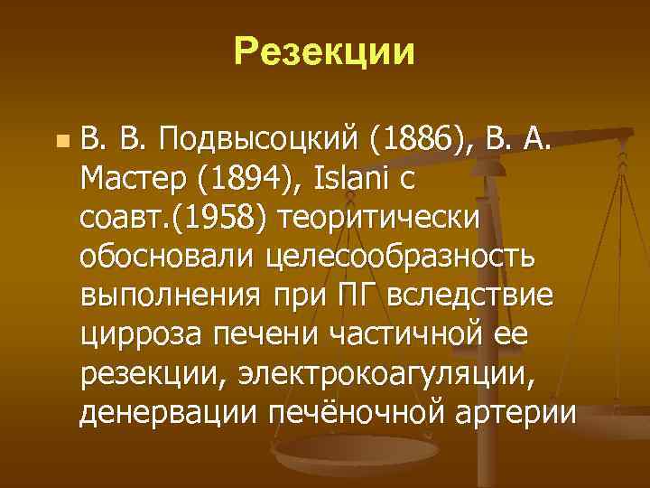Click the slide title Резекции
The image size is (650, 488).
[325, 52]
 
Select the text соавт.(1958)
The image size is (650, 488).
[176, 220]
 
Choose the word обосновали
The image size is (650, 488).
[169, 258]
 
